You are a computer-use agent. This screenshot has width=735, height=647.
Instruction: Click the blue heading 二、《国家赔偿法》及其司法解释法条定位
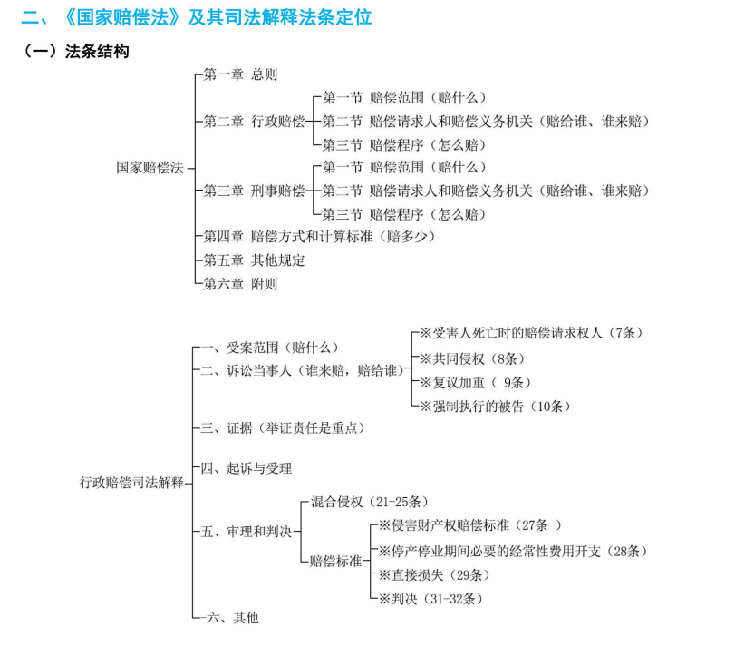tap(197, 17)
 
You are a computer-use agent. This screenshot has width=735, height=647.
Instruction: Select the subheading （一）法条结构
tap(75, 51)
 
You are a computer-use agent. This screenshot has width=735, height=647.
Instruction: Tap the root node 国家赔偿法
tap(150, 167)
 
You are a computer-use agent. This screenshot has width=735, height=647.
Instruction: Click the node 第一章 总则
tap(240, 74)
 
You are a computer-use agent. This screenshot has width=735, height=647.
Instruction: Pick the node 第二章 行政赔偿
tap(254, 121)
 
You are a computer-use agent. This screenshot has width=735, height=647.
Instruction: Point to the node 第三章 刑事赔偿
tap(254, 191)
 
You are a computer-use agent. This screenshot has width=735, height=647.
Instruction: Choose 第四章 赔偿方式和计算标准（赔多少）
tap(319, 236)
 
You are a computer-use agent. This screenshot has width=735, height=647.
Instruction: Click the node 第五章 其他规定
tap(254, 260)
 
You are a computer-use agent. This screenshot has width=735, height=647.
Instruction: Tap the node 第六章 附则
tap(240, 283)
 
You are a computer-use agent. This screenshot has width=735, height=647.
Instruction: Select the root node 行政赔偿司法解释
tap(131, 483)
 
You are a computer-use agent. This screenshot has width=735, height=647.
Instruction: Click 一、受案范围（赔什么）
tap(269, 348)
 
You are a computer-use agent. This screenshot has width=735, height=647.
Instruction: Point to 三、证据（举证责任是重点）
tap(282, 427)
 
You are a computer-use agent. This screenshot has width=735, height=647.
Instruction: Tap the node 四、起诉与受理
tap(247, 467)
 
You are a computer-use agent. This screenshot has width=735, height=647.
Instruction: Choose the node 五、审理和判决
tap(247, 531)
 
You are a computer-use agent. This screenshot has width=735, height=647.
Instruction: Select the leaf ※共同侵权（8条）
tap(472, 358)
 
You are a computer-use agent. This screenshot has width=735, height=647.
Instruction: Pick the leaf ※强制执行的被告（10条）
tap(495, 406)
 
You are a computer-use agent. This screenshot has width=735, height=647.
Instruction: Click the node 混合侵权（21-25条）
tap(370, 502)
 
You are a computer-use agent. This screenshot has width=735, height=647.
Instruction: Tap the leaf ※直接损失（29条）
tap(433, 574)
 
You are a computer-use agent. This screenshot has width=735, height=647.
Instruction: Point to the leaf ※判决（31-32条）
tap(430, 598)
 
